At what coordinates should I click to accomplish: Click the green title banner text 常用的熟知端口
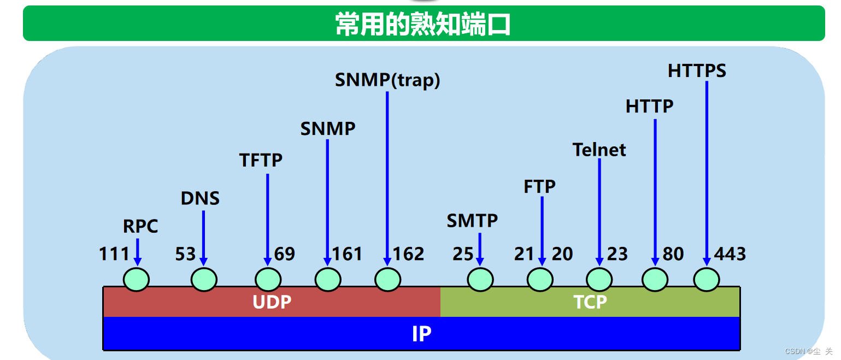pyautogui.click(x=423, y=25)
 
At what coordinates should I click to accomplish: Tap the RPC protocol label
pyautogui.click(x=140, y=226)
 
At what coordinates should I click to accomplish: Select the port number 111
pyautogui.click(x=114, y=254)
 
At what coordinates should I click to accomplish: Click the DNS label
pyautogui.click(x=200, y=198)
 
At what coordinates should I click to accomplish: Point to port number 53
pyautogui.click(x=186, y=254)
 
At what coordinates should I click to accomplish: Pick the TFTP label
pyautogui.click(x=261, y=160)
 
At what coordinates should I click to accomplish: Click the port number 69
pyautogui.click(x=285, y=254)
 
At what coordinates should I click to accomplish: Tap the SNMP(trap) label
pyautogui.click(x=387, y=80)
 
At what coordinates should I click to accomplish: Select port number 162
pyautogui.click(x=408, y=254)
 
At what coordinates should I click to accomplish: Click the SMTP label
pyautogui.click(x=472, y=221)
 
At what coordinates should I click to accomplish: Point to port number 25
pyautogui.click(x=463, y=254)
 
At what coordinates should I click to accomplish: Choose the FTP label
pyautogui.click(x=539, y=187)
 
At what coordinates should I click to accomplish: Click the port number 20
pyautogui.click(x=562, y=254)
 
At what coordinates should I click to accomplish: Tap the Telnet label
pyautogui.click(x=599, y=150)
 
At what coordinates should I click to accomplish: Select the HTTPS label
pyautogui.click(x=697, y=71)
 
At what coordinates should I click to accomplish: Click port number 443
pyautogui.click(x=730, y=254)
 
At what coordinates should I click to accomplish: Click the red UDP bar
pyautogui.click(x=272, y=302)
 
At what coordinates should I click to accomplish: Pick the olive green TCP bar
pyautogui.click(x=590, y=302)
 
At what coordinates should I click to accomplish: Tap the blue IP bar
pyautogui.click(x=421, y=334)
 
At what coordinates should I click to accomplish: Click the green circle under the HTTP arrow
pyautogui.click(x=655, y=280)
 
